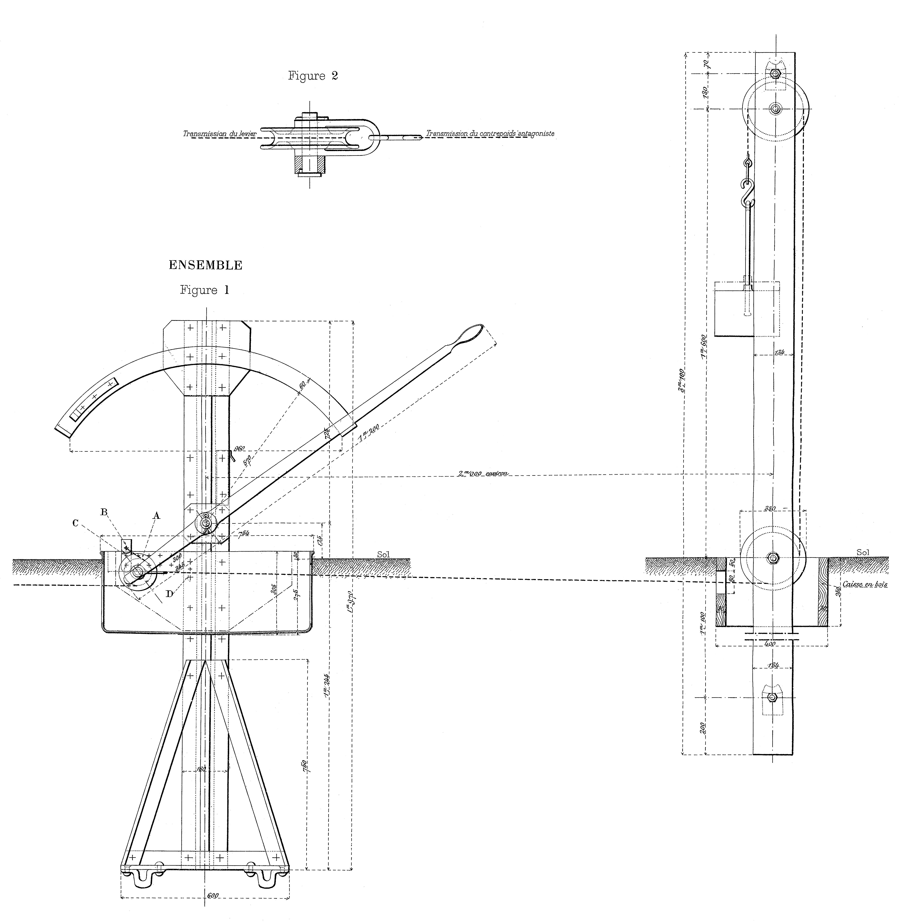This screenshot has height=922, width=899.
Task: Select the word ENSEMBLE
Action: pos(205,265)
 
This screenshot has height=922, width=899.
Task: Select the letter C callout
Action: pos(75,523)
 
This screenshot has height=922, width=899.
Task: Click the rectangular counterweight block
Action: pos(746,309)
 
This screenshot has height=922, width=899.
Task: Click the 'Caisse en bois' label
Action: pos(864,584)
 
